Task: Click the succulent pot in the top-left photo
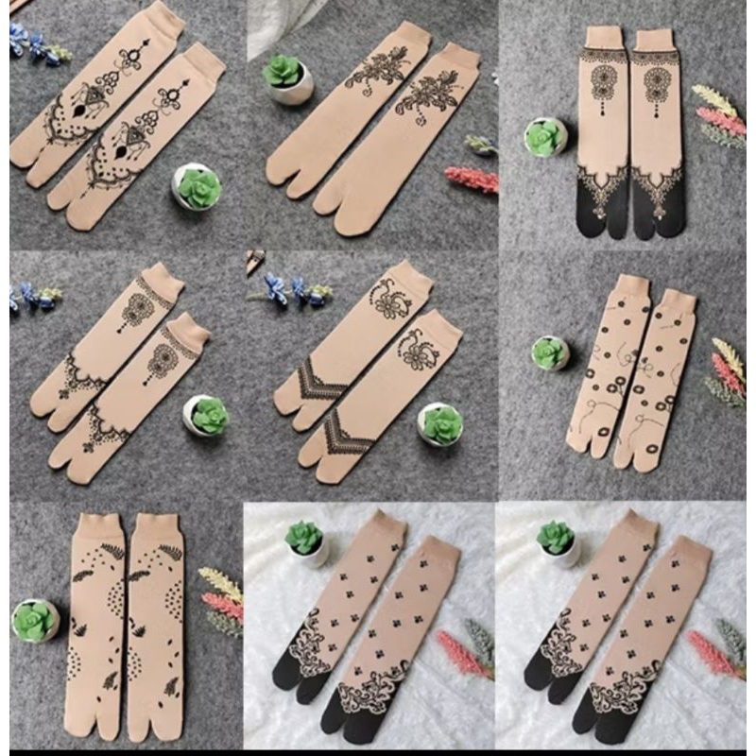[x=197, y=186]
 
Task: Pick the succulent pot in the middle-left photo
[x=207, y=416]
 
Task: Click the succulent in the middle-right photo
[x=549, y=352]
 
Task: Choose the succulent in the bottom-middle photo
[x=304, y=541]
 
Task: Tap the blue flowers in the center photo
[x=288, y=288]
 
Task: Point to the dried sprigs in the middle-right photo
[x=728, y=373]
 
